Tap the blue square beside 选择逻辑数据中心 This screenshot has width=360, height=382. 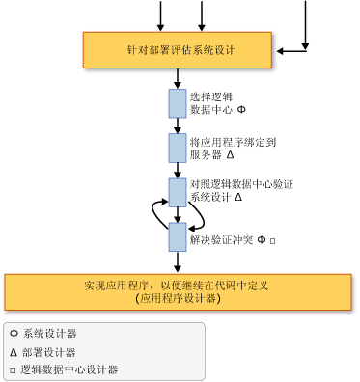click(x=178, y=103)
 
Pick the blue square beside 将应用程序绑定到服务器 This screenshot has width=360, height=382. click(x=178, y=148)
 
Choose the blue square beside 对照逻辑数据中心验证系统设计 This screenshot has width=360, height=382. click(x=178, y=191)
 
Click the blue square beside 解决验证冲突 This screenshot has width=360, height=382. click(x=178, y=236)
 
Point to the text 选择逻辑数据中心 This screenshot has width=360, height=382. click(x=215, y=103)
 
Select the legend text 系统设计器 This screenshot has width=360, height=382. click(x=50, y=334)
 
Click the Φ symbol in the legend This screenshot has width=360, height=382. click(x=14, y=334)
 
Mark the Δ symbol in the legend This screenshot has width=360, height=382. click(x=14, y=352)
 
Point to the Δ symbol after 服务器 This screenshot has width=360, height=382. click(x=231, y=154)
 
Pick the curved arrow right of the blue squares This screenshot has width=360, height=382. click(x=199, y=215)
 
